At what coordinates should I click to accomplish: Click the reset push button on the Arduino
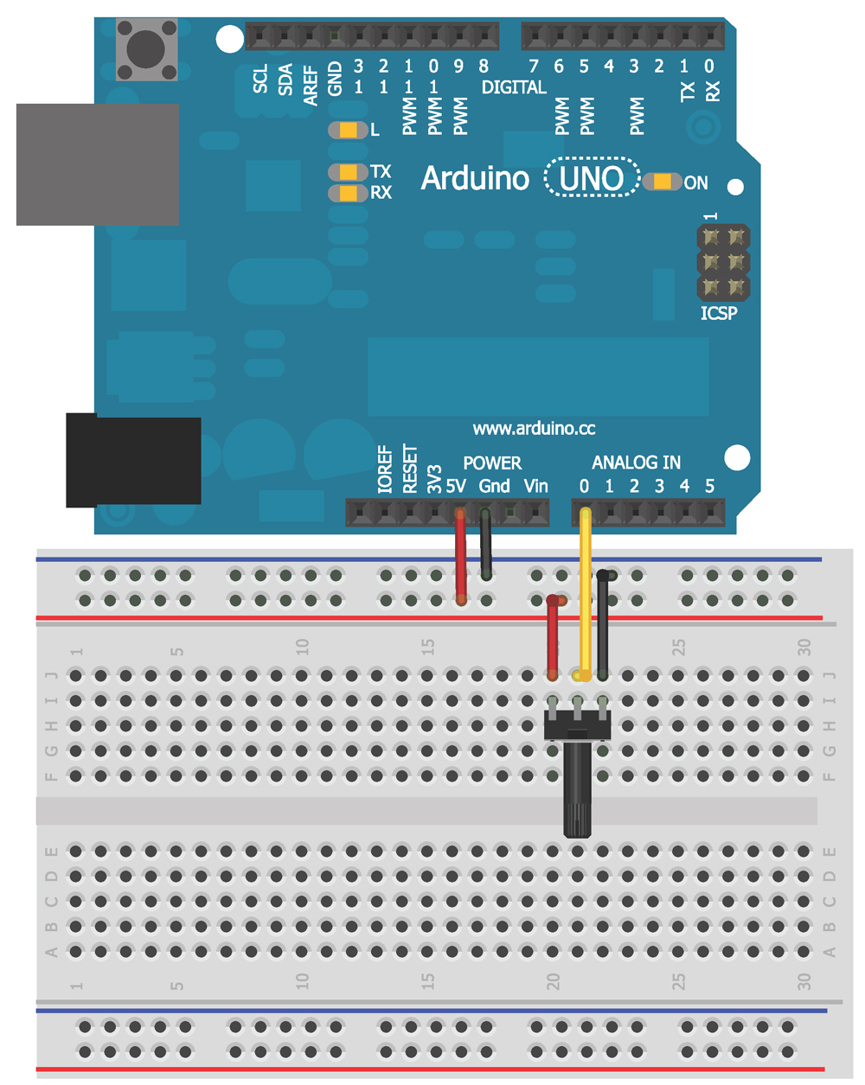coord(146,49)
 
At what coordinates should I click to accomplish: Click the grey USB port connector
coord(97,164)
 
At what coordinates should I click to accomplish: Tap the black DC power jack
coord(133,461)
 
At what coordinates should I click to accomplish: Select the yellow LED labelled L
coord(348,131)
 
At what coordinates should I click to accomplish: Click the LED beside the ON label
coord(663,182)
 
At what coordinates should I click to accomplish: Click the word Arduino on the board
coord(474,179)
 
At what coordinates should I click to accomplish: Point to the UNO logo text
coord(592,178)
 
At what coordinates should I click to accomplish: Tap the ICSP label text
coord(719,313)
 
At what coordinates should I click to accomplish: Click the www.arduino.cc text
coord(534,429)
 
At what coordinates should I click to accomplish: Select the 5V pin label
coord(456,486)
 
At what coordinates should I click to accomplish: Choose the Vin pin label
coord(535,486)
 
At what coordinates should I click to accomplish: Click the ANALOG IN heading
coord(636,463)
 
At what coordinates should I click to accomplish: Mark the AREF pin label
coord(311,84)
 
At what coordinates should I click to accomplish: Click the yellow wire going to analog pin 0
coord(586,597)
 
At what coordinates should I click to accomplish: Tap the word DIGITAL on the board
coord(514,87)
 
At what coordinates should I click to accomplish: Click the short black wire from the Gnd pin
coord(486,545)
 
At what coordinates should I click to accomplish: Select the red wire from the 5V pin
coord(461,558)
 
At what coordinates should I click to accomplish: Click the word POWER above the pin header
coord(492,463)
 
